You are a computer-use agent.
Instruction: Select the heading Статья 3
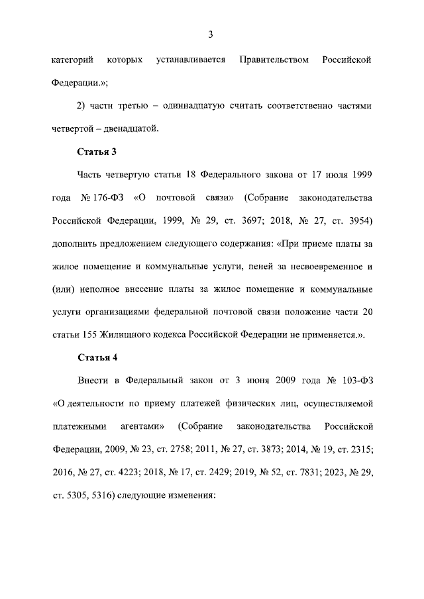pyautogui.click(x=97, y=152)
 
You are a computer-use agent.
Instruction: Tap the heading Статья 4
pyautogui.click(x=97, y=358)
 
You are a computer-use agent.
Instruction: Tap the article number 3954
pyautogui.click(x=357, y=220)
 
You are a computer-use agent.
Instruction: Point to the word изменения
pyautogui.click(x=191, y=495)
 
